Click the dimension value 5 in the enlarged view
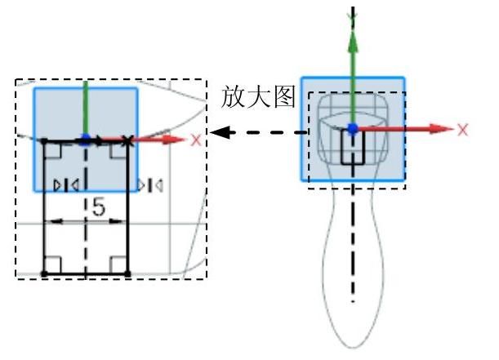(98, 208)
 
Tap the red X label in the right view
(463, 130)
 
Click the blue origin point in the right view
(352, 129)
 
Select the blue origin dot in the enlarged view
(85, 140)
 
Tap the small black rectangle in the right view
(352, 147)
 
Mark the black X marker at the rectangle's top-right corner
(126, 140)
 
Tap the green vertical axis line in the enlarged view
(85, 106)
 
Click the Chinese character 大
(257, 97)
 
